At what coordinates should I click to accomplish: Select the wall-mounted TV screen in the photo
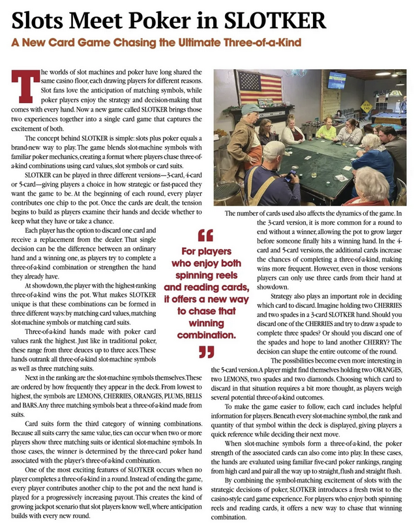tap(336, 80)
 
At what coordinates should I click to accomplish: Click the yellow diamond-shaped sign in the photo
tap(367, 106)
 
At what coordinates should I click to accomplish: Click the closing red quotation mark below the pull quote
tap(205, 353)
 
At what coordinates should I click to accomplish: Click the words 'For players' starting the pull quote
tap(206, 251)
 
